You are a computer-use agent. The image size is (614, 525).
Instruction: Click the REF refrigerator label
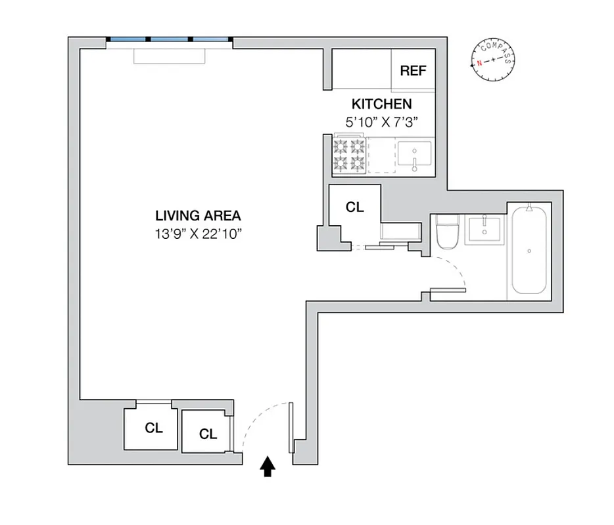tap(413, 71)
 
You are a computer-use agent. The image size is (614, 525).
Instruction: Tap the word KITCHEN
tap(381, 104)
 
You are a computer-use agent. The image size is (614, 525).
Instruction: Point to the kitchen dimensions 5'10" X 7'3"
tap(381, 121)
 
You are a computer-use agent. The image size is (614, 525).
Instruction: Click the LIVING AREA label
tap(198, 215)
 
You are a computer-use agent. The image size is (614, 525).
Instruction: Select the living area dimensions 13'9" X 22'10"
tap(198, 234)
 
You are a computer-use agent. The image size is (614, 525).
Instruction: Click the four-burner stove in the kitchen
tap(349, 154)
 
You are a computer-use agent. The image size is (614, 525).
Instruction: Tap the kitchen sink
tap(415, 155)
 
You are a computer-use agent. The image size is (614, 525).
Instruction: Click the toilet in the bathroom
tap(448, 232)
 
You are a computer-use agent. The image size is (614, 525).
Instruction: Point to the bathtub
tap(529, 251)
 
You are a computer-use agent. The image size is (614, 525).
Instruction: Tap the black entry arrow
tap(267, 467)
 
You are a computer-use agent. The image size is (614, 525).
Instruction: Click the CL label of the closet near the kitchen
tap(355, 207)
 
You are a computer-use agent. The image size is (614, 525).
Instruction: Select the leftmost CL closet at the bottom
tap(153, 428)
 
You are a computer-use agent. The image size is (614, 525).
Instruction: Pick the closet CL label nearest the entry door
tap(208, 434)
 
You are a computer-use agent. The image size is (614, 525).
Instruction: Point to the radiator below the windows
tap(170, 56)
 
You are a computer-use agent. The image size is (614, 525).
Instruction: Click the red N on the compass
tap(480, 64)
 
